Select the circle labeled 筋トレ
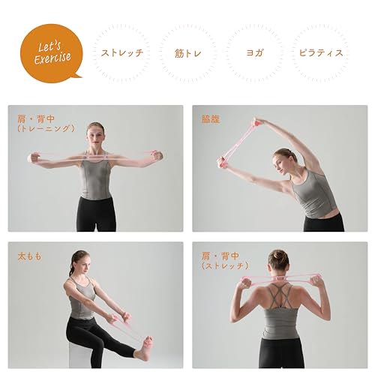pyautogui.click(x=187, y=52)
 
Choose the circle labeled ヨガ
pyautogui.click(x=253, y=52)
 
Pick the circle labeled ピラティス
pyautogui.click(x=320, y=52)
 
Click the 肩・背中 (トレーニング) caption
pyautogui.click(x=46, y=123)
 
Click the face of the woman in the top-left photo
pyautogui.click(x=94, y=136)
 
